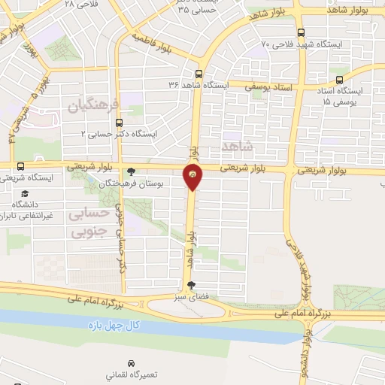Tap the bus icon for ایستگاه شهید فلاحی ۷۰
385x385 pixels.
301,32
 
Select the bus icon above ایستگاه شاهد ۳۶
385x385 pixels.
199,74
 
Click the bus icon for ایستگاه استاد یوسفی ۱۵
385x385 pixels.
339,79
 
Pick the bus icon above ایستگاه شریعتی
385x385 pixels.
20,166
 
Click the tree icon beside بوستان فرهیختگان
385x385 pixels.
132,171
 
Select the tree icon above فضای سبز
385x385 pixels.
191,286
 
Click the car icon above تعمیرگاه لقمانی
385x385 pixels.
131,362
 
